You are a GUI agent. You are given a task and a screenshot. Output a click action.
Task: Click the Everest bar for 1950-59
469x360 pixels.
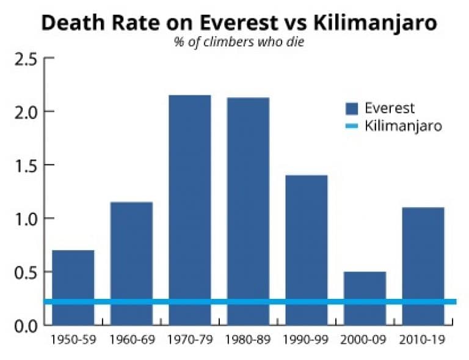click(73, 275)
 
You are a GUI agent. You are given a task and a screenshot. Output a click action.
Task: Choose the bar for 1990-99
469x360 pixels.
click(307, 238)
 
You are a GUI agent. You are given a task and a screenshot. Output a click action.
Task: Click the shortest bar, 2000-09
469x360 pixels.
click(365, 287)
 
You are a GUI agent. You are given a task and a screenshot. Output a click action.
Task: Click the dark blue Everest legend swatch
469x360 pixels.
click(351, 109)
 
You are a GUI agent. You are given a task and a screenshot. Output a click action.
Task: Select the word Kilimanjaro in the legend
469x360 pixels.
click(402, 127)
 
